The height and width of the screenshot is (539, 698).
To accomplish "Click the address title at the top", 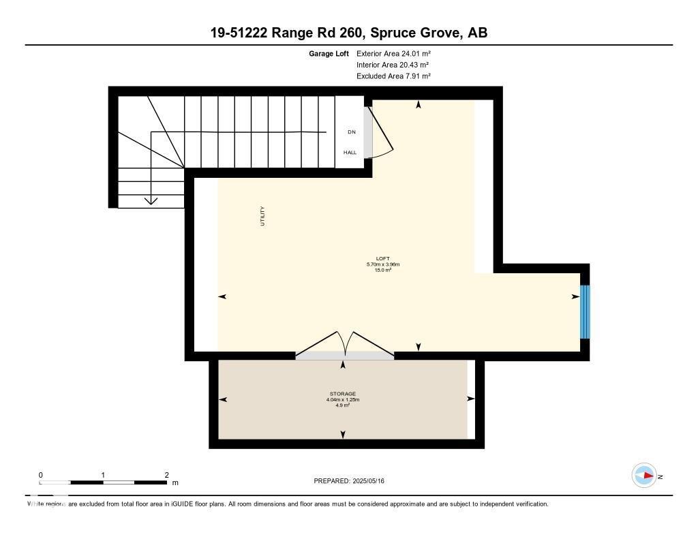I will point(348,33).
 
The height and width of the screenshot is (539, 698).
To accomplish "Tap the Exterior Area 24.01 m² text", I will point(393,53).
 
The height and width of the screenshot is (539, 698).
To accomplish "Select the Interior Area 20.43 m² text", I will point(392,65).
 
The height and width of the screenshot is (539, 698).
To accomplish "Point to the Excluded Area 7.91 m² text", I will point(393,76).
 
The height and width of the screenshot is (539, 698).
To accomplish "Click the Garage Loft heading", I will point(329,53).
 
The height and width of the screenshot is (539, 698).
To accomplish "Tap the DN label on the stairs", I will point(351,132).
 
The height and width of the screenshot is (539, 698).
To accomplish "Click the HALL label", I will point(350,153).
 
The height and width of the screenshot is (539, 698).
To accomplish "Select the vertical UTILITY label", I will point(262,216).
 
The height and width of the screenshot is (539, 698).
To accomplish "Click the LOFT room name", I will point(382,259).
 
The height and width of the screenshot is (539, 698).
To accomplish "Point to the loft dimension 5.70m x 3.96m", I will point(382,264).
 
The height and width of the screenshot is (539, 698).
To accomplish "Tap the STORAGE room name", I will point(343,394).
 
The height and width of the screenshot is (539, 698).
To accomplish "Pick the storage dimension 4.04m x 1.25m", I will point(343,400).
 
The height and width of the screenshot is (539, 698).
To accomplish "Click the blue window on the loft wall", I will point(585,311).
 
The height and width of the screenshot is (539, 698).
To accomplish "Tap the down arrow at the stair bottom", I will point(151,200).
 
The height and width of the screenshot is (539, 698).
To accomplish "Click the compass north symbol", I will point(644,476).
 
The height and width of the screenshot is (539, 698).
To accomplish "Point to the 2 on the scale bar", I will point(166,474).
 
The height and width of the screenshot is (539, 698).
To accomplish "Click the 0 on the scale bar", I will point(41,474).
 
